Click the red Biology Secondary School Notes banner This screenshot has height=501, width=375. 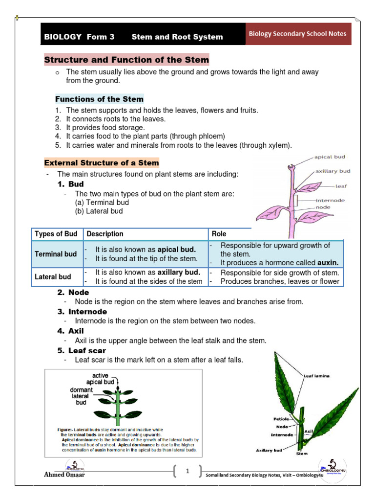click(298, 34)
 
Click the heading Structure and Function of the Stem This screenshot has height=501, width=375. click(126, 60)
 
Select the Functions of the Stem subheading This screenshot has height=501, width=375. click(99, 99)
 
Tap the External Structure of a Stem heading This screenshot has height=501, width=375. click(102, 163)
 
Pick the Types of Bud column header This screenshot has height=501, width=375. click(56, 234)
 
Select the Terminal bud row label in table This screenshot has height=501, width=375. click(56, 254)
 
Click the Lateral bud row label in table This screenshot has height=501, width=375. click(53, 277)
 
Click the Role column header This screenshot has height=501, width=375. click(219, 234)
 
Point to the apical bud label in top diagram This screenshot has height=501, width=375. click(330, 158)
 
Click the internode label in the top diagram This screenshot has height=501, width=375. click(330, 200)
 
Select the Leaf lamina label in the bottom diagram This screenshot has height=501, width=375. click(316, 376)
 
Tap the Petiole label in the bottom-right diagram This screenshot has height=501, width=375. click(282, 419)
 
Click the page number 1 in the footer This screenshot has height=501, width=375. click(187, 471)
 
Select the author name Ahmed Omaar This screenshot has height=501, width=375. click(64, 475)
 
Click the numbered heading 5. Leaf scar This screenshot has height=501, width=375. click(82, 351)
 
